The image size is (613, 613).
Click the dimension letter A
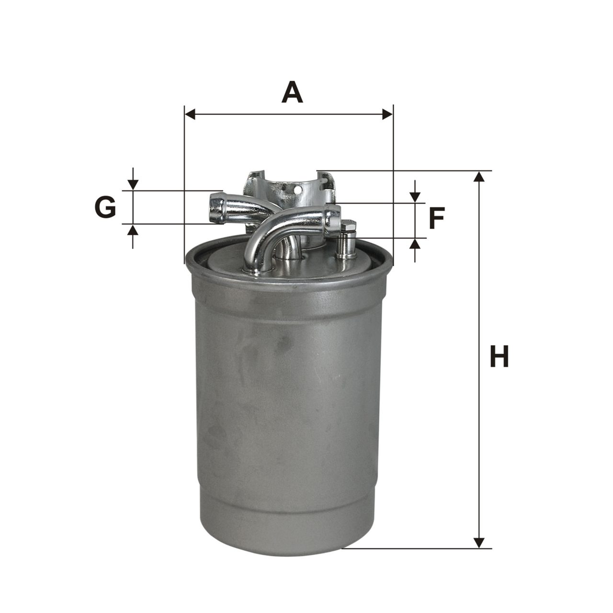click(x=292, y=92)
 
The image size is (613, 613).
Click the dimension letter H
click(x=499, y=356)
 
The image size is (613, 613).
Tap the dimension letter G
click(x=105, y=207)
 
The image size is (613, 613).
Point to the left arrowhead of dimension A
click(x=190, y=114)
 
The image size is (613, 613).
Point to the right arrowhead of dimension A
click(x=388, y=114)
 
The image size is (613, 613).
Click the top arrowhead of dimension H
click(x=479, y=177)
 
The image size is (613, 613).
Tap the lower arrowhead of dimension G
click(x=133, y=229)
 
